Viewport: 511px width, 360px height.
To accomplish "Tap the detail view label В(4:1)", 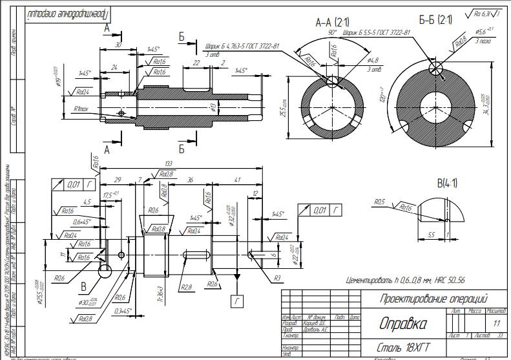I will coord(446,183).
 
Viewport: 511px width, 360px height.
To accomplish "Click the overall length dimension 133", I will coord(169,163).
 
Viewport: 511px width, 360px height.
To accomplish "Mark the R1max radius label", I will coord(85,109).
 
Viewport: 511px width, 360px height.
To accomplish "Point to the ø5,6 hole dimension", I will coord(483,31).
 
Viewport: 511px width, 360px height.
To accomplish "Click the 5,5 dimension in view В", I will coord(432,235).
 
